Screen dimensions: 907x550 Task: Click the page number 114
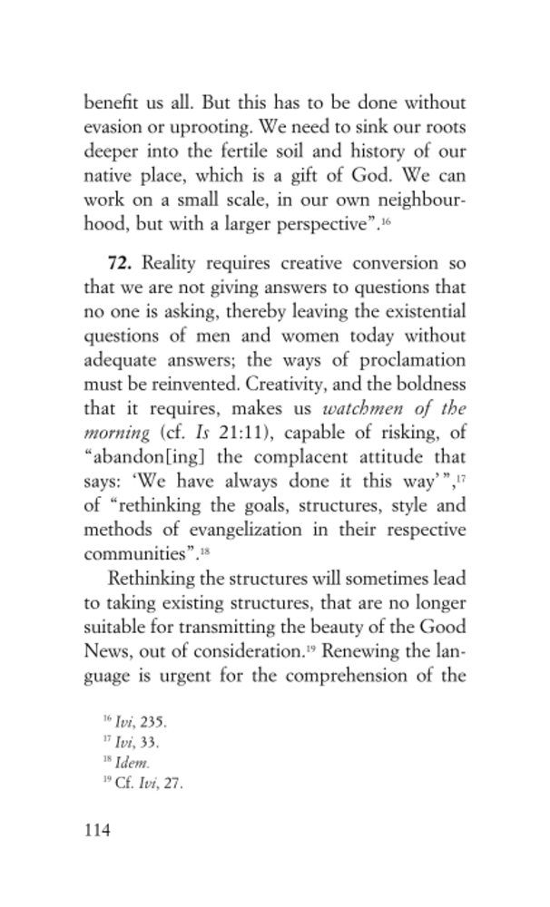tap(95, 830)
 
